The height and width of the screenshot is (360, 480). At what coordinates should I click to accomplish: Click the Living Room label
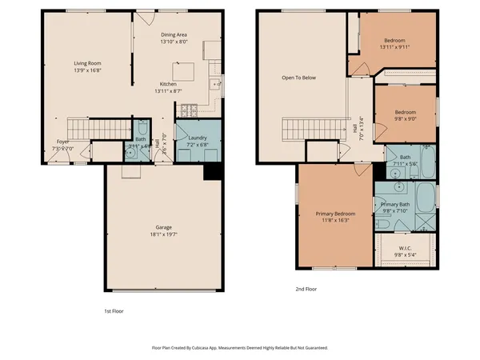tap(88, 62)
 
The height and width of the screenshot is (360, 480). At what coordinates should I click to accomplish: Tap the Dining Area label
tap(174, 34)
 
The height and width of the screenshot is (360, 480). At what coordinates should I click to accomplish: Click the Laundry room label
tap(198, 138)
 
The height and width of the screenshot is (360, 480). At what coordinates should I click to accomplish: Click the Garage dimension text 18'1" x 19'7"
tap(162, 235)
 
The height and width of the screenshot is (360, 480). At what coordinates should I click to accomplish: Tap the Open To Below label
tap(296, 78)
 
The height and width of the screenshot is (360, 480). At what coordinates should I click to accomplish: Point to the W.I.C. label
tap(406, 248)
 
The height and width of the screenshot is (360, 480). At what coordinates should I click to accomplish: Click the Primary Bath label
tap(396, 205)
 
